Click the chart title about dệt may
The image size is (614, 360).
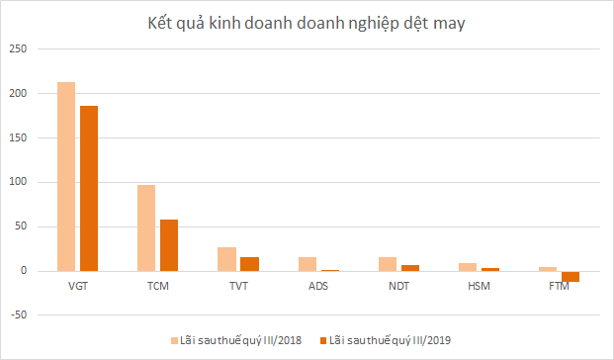click(x=306, y=22)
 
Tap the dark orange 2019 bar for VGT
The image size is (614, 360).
click(x=89, y=188)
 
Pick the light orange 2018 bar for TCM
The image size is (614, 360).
click(x=146, y=227)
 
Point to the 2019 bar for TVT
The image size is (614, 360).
click(x=249, y=264)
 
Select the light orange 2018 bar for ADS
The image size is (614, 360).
click(x=307, y=264)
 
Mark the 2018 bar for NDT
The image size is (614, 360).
click(x=387, y=264)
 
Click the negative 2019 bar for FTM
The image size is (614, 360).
click(x=570, y=277)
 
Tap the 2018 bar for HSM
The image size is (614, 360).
click(x=467, y=267)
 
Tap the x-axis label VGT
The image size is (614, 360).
click(x=77, y=287)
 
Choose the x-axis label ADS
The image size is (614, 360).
click(x=317, y=287)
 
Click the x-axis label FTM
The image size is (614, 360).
click(x=559, y=287)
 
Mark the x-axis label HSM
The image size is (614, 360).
click(x=479, y=287)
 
